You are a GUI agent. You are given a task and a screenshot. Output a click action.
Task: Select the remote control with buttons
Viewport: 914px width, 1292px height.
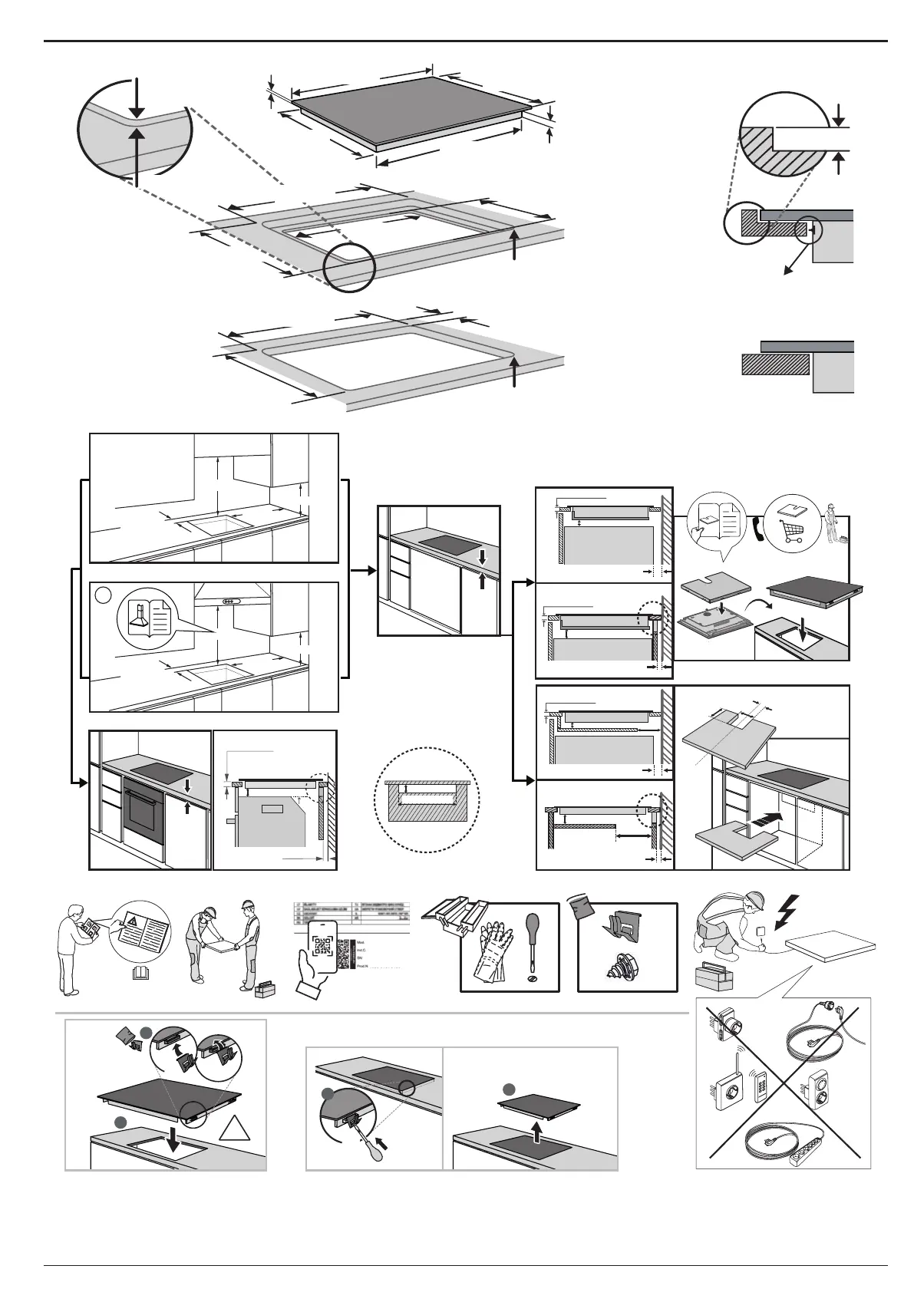point(763,1100)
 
